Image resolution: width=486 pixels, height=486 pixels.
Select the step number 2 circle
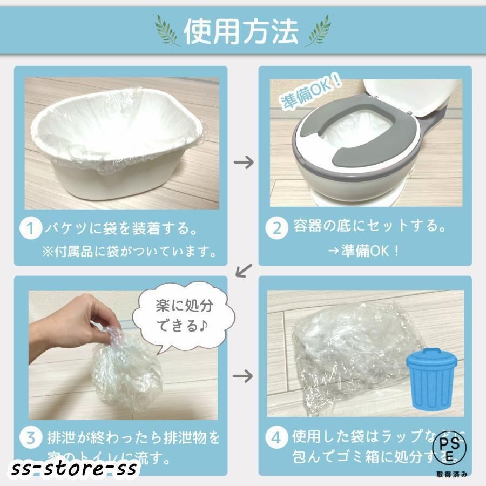(276, 228)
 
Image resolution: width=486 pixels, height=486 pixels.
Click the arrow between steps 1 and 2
(244, 162)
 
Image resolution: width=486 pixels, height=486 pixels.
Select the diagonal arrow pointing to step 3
(245, 269)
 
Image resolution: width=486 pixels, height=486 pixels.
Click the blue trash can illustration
(430, 375)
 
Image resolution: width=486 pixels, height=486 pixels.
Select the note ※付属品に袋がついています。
(130, 252)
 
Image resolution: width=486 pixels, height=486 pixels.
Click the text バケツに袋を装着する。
(122, 228)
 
